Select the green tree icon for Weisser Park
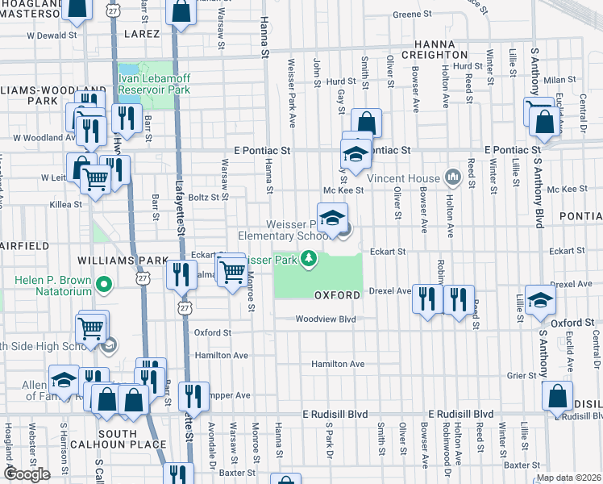coord(307,259)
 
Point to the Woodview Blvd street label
coord(325,319)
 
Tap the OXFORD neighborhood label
coord(337,295)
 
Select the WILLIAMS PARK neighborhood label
coord(110,261)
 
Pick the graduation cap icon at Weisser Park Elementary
coord(332,217)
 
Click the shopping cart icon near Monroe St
coord(232,271)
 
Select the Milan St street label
coord(556,80)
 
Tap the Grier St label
coord(522,375)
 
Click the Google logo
coord(27,474)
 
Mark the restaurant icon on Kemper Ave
coord(193,396)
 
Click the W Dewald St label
coord(52,35)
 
